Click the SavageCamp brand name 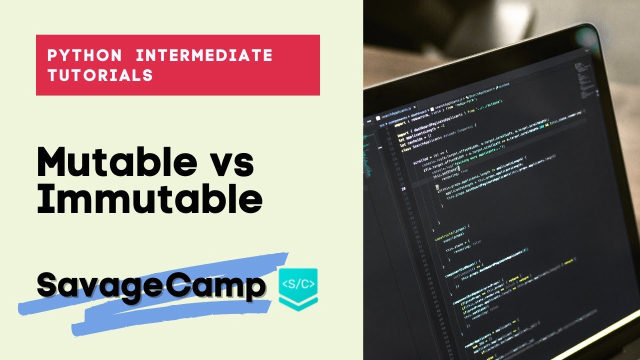coord(151,285)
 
